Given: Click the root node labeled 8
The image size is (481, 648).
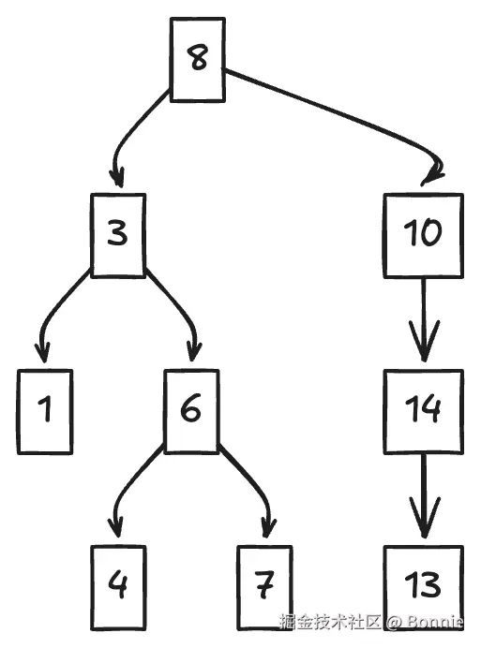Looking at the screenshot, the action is pyautogui.click(x=198, y=60).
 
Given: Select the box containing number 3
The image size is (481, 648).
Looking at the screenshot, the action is pyautogui.click(x=118, y=235).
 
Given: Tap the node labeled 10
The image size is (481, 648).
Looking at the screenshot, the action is pyautogui.click(x=424, y=235).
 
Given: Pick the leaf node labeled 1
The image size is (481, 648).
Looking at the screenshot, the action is pyautogui.click(x=45, y=412).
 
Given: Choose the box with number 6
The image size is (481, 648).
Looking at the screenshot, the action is pyautogui.click(x=191, y=412).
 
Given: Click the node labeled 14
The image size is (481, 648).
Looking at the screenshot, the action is pyautogui.click(x=424, y=412).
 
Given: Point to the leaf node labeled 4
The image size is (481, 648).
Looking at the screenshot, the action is pyautogui.click(x=118, y=588).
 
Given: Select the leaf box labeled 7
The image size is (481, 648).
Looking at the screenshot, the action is pyautogui.click(x=265, y=588).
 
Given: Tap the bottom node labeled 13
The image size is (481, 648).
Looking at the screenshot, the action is pyautogui.click(x=424, y=588).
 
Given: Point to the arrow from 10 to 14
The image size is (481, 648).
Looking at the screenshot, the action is pyautogui.click(x=424, y=319).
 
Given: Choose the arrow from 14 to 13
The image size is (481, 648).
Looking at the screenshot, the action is pyautogui.click(x=424, y=496).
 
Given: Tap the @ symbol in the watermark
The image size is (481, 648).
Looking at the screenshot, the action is pyautogui.click(x=393, y=622).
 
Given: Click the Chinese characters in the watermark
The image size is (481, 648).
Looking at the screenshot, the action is pyautogui.click(x=330, y=621).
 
